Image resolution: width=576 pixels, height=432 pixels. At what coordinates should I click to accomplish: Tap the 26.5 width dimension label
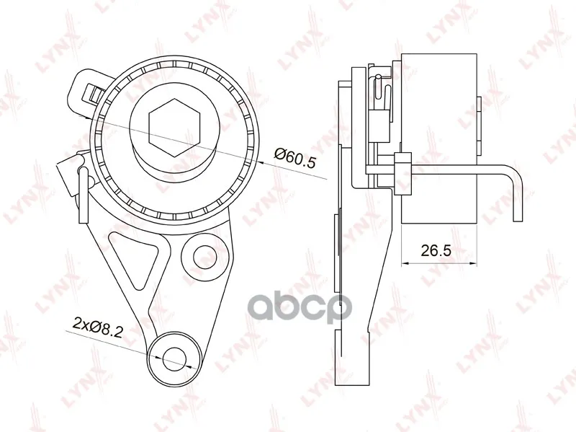point(436,250)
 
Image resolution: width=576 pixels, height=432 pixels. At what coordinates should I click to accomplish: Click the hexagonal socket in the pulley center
point(175,128)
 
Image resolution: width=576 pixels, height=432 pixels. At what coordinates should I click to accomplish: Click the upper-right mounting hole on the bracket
point(205,255)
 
